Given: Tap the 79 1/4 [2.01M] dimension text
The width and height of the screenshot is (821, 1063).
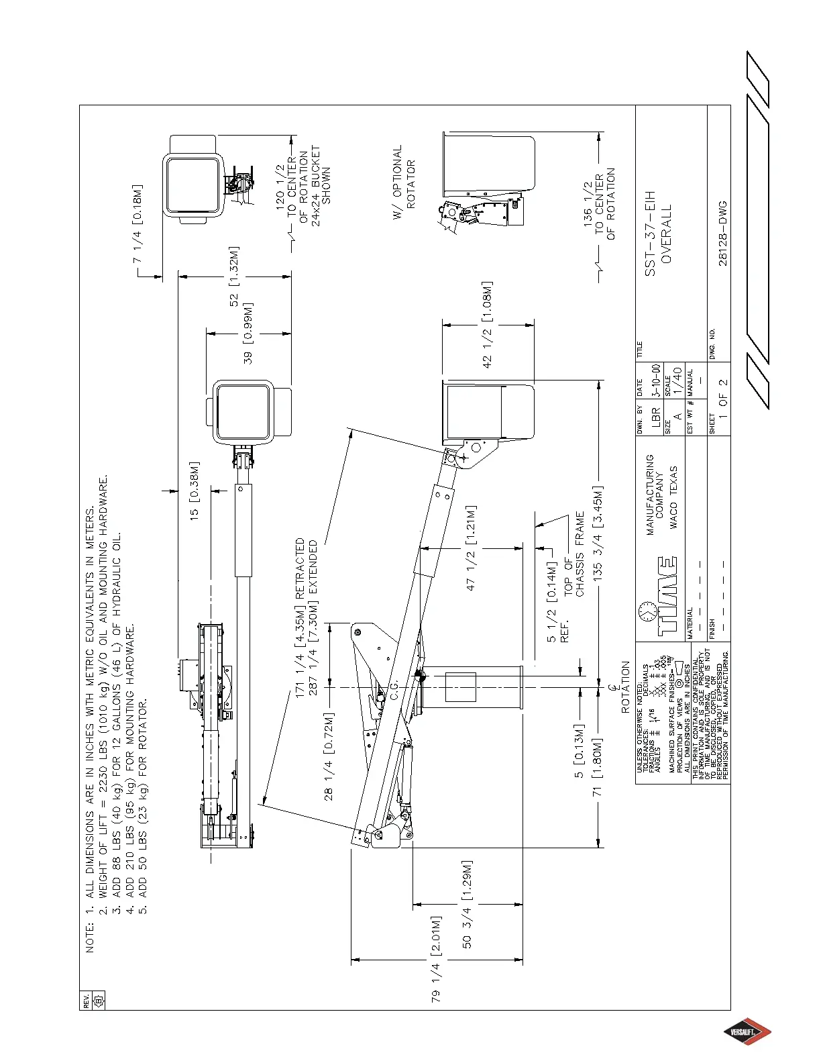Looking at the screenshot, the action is click(437, 959).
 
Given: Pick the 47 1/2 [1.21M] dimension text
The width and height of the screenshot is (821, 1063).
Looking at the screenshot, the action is click(472, 548).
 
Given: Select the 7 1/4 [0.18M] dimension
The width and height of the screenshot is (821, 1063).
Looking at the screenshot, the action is click(138, 222).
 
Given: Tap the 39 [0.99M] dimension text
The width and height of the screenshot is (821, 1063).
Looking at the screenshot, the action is click(249, 334).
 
